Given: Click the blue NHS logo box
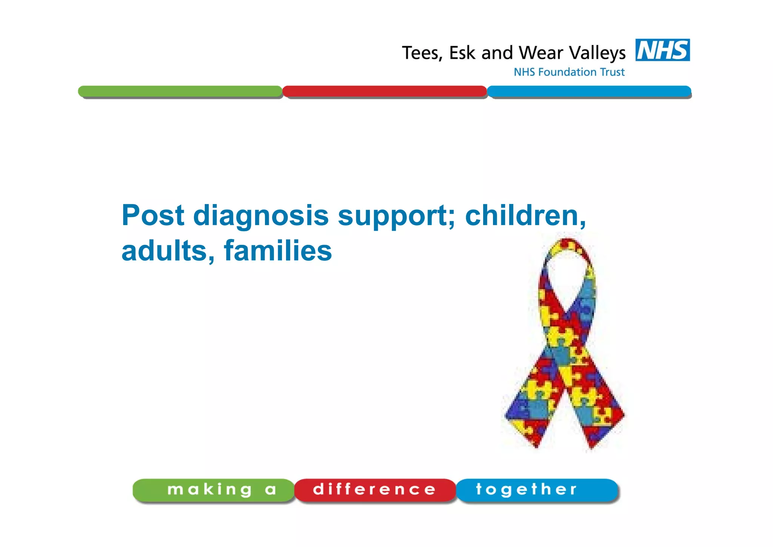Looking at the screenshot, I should (x=662, y=50).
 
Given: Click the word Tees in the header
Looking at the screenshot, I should (x=420, y=53).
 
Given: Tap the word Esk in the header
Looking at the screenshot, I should (x=462, y=53).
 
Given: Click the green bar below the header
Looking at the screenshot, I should (x=180, y=91).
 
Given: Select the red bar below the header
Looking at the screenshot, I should (x=384, y=91).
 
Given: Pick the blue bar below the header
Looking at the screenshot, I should (x=589, y=91).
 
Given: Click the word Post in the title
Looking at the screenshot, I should (x=153, y=215).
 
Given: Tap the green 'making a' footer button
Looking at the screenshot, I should (x=213, y=490).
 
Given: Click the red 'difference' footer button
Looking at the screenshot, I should (x=375, y=490).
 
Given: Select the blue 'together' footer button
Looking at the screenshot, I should (x=537, y=490).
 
